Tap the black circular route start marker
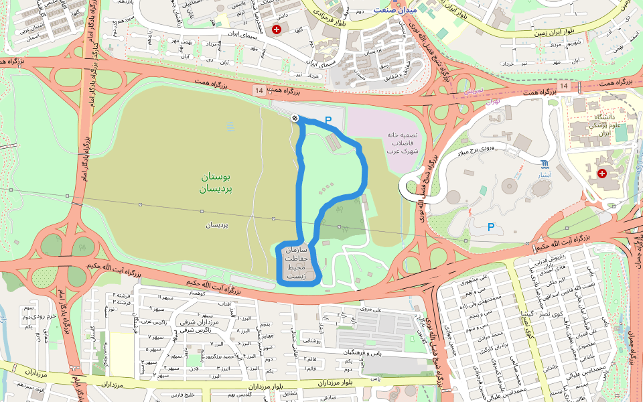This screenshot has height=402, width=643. tap(294, 119)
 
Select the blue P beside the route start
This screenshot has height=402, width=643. tap(328, 121)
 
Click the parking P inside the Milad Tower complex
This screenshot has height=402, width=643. tap(491, 227)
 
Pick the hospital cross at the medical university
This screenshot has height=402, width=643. tap(601, 174)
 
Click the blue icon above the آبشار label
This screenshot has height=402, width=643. tap(545, 164)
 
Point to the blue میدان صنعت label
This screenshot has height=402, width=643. tap(395, 10)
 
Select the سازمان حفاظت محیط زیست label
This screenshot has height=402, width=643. tap(296, 262)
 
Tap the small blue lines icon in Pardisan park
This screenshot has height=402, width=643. tap(230, 125)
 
